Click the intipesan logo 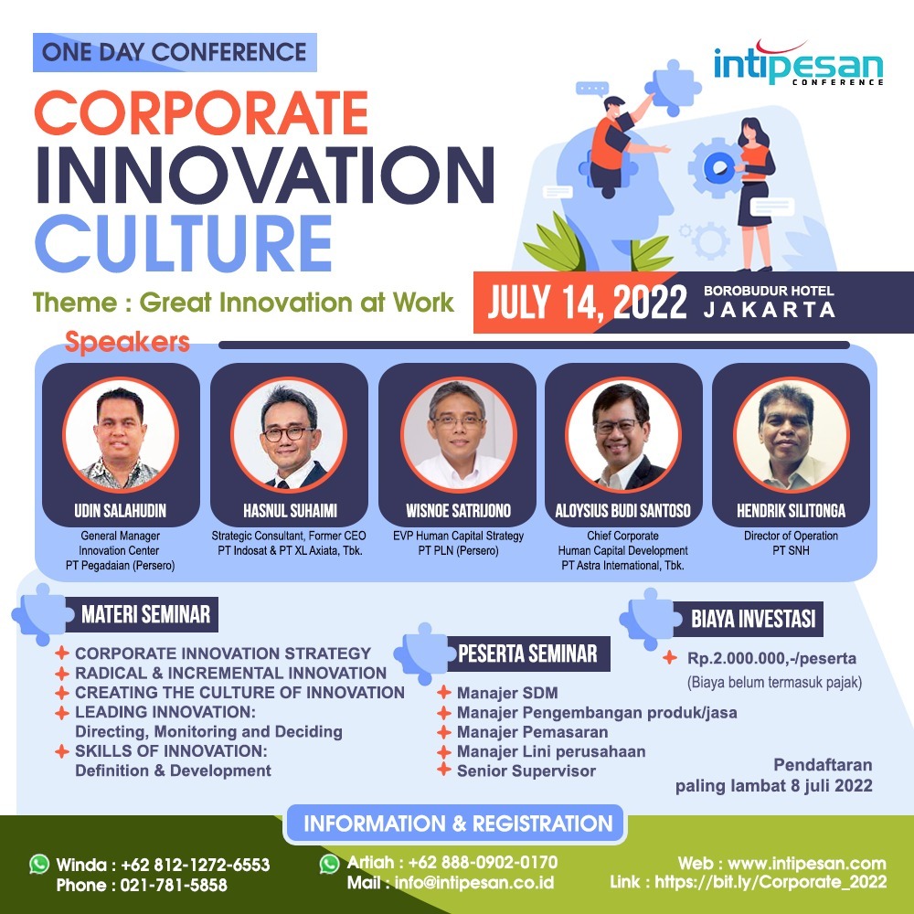pos(799,64)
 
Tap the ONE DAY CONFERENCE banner pos(175,52)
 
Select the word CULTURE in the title pos(184,243)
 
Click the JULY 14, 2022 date pos(588,303)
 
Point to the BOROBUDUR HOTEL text pos(769,291)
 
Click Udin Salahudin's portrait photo pos(121,434)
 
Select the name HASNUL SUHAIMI pos(291,511)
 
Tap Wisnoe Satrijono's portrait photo pos(458,434)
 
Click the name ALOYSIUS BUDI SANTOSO pos(622,511)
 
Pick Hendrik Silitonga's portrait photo pos(791,434)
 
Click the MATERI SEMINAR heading pos(145,614)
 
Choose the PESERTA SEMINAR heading pos(527,654)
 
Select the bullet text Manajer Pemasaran pos(532,732)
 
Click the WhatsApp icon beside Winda pos(39,864)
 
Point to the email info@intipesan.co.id pos(474,883)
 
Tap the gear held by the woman pos(716,167)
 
